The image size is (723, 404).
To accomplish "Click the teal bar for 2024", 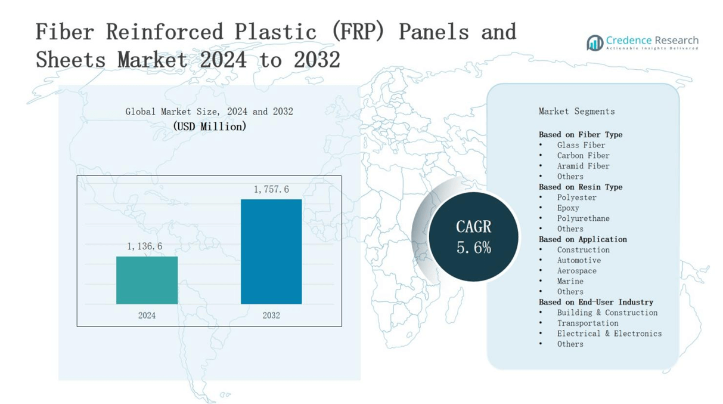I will click(x=147, y=280).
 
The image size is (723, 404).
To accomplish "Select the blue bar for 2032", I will click(x=271, y=251).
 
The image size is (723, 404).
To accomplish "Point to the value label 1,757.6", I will click(x=271, y=189).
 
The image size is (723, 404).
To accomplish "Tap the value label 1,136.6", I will click(x=144, y=246).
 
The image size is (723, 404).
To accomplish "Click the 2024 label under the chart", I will click(x=147, y=315).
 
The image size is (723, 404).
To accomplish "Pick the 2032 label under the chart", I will click(x=271, y=315).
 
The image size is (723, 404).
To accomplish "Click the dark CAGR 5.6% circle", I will click(x=474, y=236).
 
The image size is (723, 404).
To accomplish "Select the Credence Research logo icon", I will click(x=594, y=42).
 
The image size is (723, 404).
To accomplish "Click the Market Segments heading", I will click(x=576, y=111).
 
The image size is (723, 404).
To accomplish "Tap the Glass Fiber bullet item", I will click(x=581, y=145).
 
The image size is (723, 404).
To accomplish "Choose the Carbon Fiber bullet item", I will click(x=583, y=155).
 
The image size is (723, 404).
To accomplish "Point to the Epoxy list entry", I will click(x=568, y=208).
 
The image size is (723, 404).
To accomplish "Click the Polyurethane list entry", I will click(x=583, y=218).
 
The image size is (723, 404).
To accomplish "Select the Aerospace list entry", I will click(x=576, y=270).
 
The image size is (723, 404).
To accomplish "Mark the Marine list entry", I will click(x=570, y=281).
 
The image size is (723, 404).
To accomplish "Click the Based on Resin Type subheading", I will click(x=580, y=187).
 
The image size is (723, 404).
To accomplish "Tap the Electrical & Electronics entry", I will click(x=609, y=334).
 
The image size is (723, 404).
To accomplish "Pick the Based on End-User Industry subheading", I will click(x=595, y=302).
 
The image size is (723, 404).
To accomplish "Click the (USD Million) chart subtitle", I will click(x=209, y=127).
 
